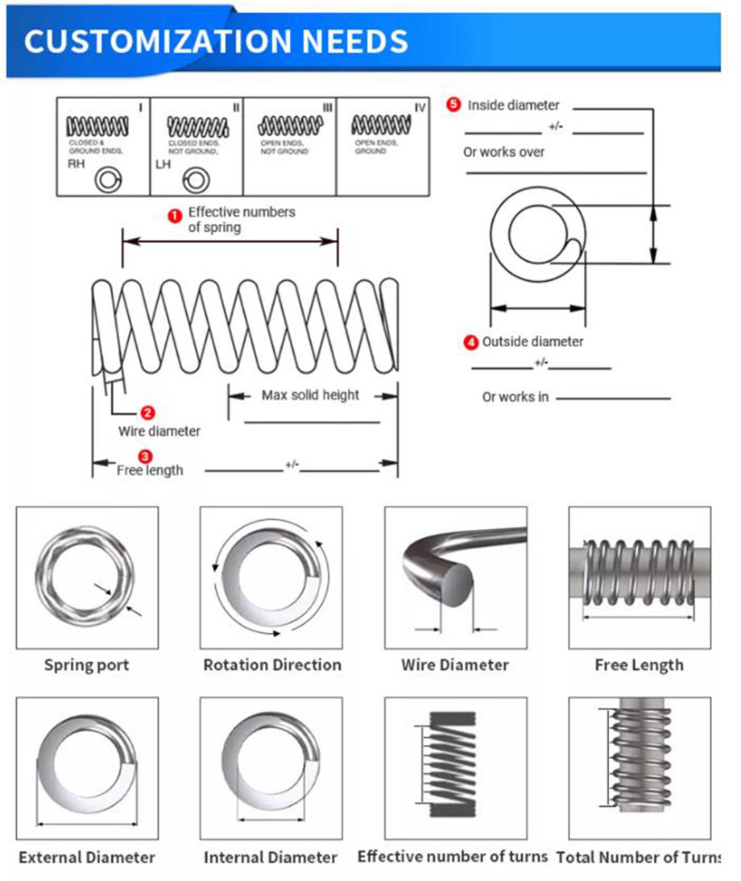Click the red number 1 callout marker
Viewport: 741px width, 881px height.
point(173,215)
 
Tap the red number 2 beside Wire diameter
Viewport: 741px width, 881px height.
point(147,413)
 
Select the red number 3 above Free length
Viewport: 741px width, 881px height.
point(147,457)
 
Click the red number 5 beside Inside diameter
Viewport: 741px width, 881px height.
point(454,105)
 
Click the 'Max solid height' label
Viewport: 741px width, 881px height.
point(310,395)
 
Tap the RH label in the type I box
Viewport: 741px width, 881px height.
point(74,164)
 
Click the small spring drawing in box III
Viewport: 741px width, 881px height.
point(290,125)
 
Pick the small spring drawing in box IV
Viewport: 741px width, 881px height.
point(382,124)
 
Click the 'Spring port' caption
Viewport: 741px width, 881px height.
point(86,665)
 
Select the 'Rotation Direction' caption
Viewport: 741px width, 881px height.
point(271,665)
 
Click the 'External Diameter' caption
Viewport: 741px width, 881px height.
point(86,857)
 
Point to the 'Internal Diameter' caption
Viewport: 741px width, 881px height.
point(270,857)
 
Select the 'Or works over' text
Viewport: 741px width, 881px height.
point(503,151)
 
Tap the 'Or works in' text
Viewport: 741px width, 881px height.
point(515,397)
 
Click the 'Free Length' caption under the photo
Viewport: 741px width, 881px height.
point(639,665)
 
